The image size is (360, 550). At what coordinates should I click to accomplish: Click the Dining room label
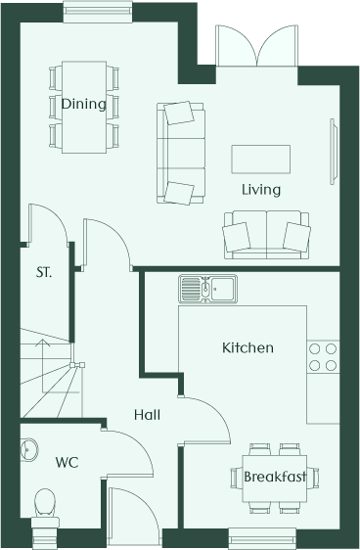click(83, 104)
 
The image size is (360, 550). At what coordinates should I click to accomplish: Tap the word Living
click(261, 190)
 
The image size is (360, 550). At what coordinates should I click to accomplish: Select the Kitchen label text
click(247, 347)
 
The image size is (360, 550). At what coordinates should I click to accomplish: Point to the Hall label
click(147, 415)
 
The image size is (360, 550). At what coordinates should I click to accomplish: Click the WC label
click(67, 462)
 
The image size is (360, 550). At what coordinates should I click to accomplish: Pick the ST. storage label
click(44, 272)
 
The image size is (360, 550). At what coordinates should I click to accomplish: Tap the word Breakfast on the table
click(275, 477)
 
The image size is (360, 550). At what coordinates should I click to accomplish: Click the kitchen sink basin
click(207, 289)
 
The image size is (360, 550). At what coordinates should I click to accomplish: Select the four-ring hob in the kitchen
click(323, 357)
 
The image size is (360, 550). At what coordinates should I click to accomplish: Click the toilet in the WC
click(45, 512)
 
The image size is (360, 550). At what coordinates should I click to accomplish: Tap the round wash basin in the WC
click(28, 448)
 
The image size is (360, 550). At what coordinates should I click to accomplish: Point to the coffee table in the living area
click(260, 160)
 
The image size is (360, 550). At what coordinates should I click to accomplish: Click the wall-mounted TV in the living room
click(334, 152)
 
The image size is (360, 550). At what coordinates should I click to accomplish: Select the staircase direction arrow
click(42, 366)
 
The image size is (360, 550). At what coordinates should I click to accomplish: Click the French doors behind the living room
click(257, 46)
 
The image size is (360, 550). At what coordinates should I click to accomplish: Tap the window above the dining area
click(98, 12)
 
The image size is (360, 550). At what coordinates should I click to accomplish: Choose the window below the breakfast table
click(262, 538)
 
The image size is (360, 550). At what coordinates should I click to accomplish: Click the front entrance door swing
click(133, 516)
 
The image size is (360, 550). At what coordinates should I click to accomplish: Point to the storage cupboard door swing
click(48, 223)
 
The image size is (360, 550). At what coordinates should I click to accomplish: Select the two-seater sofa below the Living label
click(266, 235)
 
